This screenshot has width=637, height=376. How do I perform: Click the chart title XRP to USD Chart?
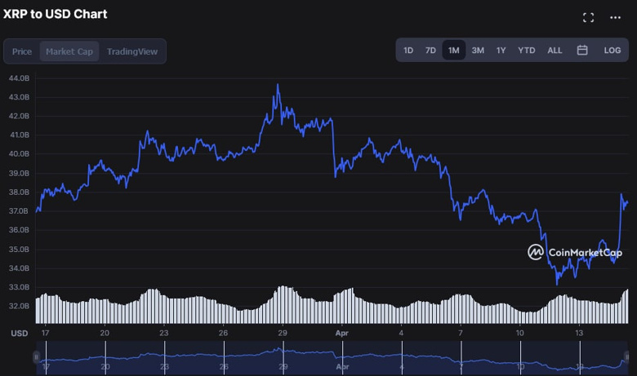coord(56,14)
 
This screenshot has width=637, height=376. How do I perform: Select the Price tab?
coord(22,51)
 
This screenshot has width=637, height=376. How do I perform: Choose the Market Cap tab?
coord(69,51)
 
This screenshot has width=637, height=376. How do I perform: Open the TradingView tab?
coord(132,51)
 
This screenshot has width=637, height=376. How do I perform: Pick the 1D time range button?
coord(408,51)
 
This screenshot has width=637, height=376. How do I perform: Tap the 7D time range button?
coord(430,51)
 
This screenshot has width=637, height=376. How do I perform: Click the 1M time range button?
coord(453,51)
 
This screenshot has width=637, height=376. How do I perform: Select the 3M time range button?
coord(478,51)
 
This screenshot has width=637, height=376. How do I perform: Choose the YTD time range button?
coord(527,51)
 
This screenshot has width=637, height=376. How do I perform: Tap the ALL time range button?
coord(555,51)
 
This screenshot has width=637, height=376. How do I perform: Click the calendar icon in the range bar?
coord(582,51)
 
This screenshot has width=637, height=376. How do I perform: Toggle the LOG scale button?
coord(612,51)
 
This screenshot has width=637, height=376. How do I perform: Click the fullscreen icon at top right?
coord(588,17)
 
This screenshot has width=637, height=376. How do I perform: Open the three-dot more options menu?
coord(616,17)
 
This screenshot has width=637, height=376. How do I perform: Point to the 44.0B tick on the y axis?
coord(20,77)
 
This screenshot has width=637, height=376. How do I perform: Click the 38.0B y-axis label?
coord(20,192)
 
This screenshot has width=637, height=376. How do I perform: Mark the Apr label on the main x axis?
coord(342,334)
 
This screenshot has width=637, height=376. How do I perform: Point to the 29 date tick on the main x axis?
coord(282,334)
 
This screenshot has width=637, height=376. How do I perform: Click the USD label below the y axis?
coord(19,334)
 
